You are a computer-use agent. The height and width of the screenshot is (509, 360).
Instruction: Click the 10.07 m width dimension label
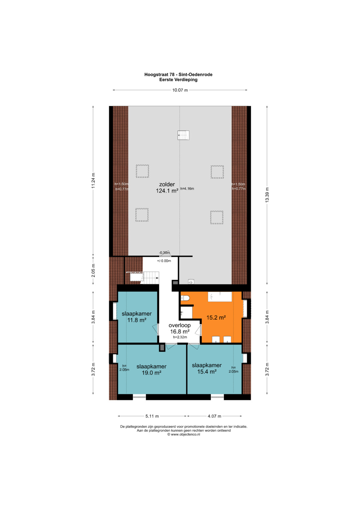180,90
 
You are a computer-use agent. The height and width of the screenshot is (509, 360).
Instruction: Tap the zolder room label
167,184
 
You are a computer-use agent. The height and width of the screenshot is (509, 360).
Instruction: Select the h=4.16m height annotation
187,189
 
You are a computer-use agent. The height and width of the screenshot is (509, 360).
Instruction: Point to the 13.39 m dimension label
267,195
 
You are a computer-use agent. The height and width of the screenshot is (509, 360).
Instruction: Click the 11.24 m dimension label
93,181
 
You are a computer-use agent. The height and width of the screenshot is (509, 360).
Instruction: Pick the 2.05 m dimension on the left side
93,271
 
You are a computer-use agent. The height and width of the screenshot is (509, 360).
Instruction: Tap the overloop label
180,325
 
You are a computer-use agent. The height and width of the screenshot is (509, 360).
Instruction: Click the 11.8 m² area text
137,320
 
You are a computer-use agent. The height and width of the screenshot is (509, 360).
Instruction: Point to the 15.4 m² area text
207,372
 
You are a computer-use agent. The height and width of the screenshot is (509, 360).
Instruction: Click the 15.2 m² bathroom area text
216,317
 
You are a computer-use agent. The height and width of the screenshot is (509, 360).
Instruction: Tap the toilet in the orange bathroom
185,298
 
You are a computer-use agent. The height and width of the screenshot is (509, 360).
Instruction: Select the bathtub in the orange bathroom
220,297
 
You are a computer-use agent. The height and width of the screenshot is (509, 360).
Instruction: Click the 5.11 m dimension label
152,416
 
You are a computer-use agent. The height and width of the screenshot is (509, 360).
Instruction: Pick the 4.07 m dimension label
214,416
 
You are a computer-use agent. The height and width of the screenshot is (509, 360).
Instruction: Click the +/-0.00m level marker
164,261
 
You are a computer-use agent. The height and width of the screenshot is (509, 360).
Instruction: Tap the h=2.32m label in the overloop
180,337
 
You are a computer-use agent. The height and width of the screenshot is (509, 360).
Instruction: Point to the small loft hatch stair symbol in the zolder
183,135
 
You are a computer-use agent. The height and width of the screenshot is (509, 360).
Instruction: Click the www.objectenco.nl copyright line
184,434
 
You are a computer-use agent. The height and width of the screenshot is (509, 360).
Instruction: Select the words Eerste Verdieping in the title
178,80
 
